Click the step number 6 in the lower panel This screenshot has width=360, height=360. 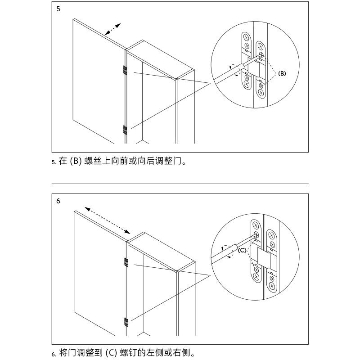tap(58, 201)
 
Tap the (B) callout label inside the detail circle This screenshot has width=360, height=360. tap(282, 73)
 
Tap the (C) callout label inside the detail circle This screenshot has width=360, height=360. tap(242, 250)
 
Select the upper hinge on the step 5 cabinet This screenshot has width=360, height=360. tap(125, 70)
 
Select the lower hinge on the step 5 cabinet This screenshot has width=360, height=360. tap(125, 130)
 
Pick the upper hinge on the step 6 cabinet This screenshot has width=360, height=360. tap(125, 261)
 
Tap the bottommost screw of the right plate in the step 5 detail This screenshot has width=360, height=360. tap(261, 93)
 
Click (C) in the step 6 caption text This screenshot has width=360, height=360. tap(112, 353)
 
